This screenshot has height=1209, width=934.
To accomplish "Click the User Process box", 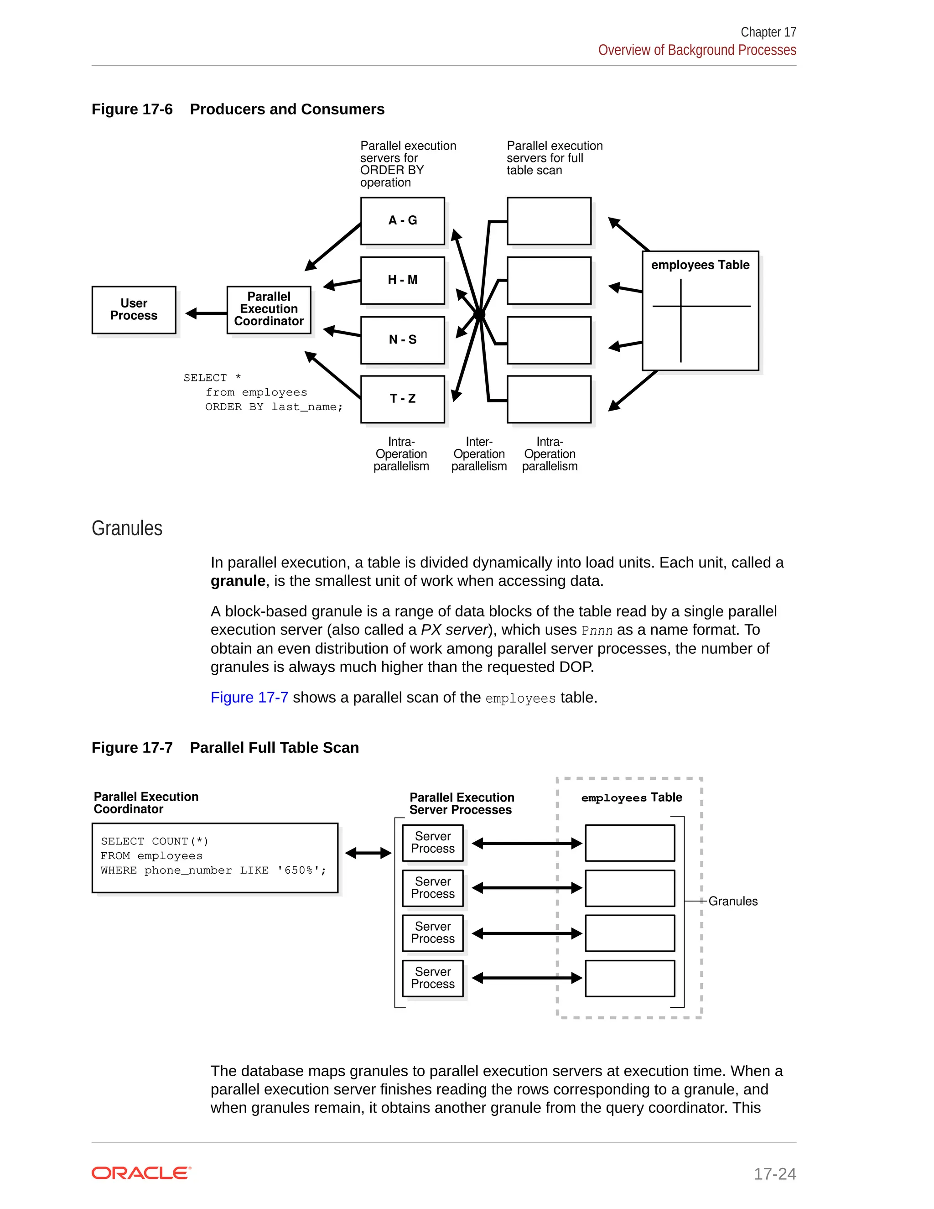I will tap(134, 309).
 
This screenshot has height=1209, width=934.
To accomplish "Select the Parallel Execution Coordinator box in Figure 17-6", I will tap(269, 309).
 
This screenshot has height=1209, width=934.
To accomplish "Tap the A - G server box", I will tap(402, 221).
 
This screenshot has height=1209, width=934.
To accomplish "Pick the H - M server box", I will tap(402, 280).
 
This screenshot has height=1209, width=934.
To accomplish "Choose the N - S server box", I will tap(402, 340).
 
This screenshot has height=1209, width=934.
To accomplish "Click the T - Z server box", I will tap(402, 399).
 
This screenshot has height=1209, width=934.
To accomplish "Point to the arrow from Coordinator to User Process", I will tap(206, 314).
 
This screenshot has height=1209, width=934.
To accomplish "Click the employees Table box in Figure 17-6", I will tap(700, 311).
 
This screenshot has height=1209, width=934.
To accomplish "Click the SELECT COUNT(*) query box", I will tap(215, 858).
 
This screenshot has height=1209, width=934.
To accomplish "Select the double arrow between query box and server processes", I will tap(368, 853).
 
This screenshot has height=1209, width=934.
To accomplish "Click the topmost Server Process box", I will tap(433, 843).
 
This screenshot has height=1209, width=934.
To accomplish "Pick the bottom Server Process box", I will tap(433, 978).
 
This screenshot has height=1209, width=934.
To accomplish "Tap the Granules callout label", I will tap(732, 901).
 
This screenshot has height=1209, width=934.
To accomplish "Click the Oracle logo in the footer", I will tap(141, 1173).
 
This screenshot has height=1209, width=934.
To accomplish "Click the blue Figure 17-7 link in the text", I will tap(249, 698).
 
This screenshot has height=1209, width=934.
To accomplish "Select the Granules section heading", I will tap(127, 528).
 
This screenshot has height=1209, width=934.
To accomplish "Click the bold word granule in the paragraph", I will tap(238, 581).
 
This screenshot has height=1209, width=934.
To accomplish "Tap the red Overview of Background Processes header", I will tap(697, 50).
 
